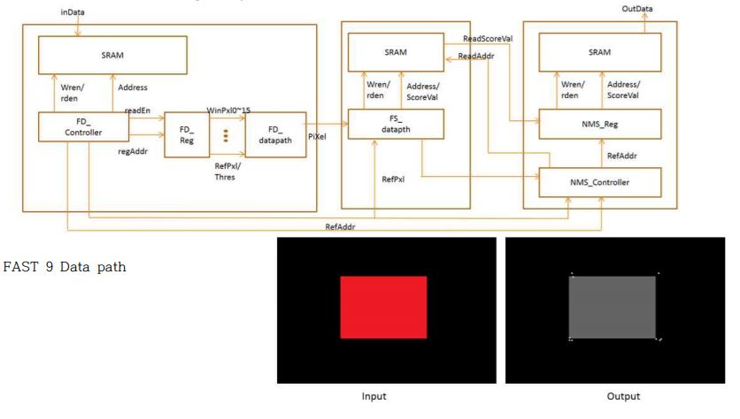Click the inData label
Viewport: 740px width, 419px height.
73,12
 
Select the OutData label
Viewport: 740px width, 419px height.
636,9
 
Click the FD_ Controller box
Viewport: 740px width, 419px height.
83,126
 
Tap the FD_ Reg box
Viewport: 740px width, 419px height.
187,134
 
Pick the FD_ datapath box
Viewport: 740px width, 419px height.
275,134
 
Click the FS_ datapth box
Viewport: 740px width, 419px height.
396,124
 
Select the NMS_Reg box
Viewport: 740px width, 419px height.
600,124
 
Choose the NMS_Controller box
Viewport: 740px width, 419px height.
600,182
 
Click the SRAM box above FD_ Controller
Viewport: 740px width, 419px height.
112,55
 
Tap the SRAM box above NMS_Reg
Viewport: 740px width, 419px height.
600,52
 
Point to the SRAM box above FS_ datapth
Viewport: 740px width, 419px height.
396,52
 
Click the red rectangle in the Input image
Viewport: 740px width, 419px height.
383,308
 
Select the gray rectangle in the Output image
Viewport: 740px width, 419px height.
613,308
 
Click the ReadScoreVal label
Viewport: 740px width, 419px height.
488,39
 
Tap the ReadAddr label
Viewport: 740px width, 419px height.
476,56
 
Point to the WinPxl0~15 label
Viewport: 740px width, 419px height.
228,110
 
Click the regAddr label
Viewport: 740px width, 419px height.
133,151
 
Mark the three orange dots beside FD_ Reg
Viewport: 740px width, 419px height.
226,135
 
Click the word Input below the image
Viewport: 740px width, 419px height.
374,396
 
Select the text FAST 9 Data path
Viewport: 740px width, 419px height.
65,267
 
